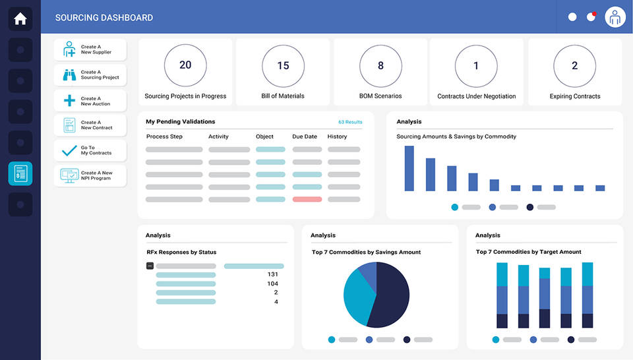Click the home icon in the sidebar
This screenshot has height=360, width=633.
tap(20, 19)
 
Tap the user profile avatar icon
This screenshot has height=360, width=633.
tap(615, 17)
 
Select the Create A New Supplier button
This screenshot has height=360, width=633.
tap(90, 49)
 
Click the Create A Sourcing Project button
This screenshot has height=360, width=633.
tap(90, 75)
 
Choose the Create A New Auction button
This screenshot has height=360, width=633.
tap(90, 101)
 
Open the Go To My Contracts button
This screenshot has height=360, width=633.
tap(90, 150)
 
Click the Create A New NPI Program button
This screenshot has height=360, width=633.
tap(90, 175)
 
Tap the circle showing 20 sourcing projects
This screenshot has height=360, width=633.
tap(185, 65)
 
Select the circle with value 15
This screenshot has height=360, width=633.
tap(283, 66)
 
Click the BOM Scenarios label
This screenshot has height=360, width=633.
tap(380, 96)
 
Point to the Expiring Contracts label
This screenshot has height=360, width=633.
tap(574, 96)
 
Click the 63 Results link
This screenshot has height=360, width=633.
tap(349, 122)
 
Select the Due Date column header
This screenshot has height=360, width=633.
tap(305, 136)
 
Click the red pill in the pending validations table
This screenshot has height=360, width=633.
tap(307, 199)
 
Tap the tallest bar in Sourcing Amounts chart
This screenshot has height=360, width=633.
tap(409, 168)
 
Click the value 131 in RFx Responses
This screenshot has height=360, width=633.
tap(272, 274)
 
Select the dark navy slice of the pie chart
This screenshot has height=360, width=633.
tap(389, 297)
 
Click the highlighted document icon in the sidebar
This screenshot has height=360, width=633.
tap(20, 173)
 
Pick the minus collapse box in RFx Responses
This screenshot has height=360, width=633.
tap(150, 266)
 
